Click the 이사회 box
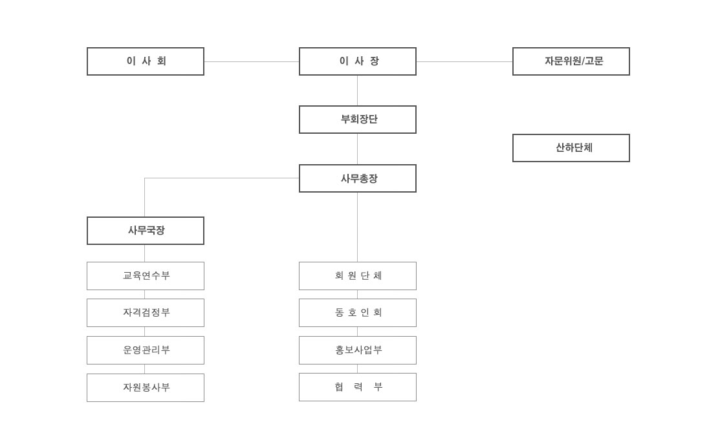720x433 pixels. tap(146, 61)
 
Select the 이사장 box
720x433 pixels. tap(358, 61)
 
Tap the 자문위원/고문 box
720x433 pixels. tap(571, 61)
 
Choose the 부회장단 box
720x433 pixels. tap(358, 120)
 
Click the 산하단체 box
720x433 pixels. tap(571, 148)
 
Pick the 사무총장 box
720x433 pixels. tap(358, 178)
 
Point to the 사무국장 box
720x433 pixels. tap(146, 231)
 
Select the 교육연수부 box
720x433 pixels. tap(146, 276)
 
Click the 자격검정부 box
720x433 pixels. tap(146, 313)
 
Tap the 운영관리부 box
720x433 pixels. tap(146, 350)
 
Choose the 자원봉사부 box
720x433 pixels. tap(146, 388)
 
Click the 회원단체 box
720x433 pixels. tap(358, 276)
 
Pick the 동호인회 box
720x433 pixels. tap(358, 313)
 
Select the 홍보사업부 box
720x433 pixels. tap(358, 350)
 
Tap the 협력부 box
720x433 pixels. tap(358, 387)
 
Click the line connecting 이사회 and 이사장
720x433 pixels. tap(252, 61)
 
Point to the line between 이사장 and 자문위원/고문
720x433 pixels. tap(464, 61)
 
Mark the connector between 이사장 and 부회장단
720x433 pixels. tap(358, 90)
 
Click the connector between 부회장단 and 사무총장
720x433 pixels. tap(358, 149)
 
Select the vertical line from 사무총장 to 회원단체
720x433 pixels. tap(358, 227)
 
